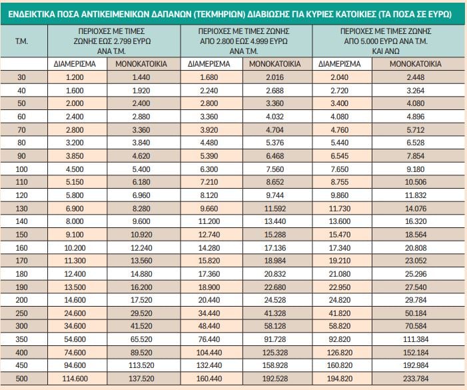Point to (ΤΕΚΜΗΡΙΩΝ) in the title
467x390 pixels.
(x=224, y=13)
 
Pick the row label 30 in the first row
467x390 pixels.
(x=21, y=78)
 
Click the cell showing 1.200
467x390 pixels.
(x=75, y=78)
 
